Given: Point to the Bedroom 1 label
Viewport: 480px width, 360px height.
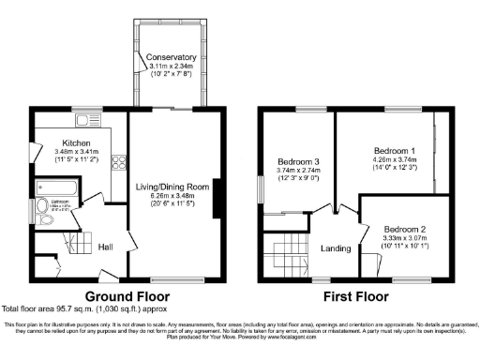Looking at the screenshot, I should pyautogui.click(x=394, y=151).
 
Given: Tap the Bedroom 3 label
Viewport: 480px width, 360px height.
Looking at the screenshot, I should pyautogui.click(x=297, y=162).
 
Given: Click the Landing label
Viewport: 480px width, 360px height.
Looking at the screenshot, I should pyautogui.click(x=336, y=248).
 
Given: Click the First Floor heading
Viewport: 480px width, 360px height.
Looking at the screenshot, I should pyautogui.click(x=355, y=294).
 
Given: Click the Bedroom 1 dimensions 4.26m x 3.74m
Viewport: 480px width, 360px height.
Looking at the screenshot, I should pyautogui.click(x=394, y=160).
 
